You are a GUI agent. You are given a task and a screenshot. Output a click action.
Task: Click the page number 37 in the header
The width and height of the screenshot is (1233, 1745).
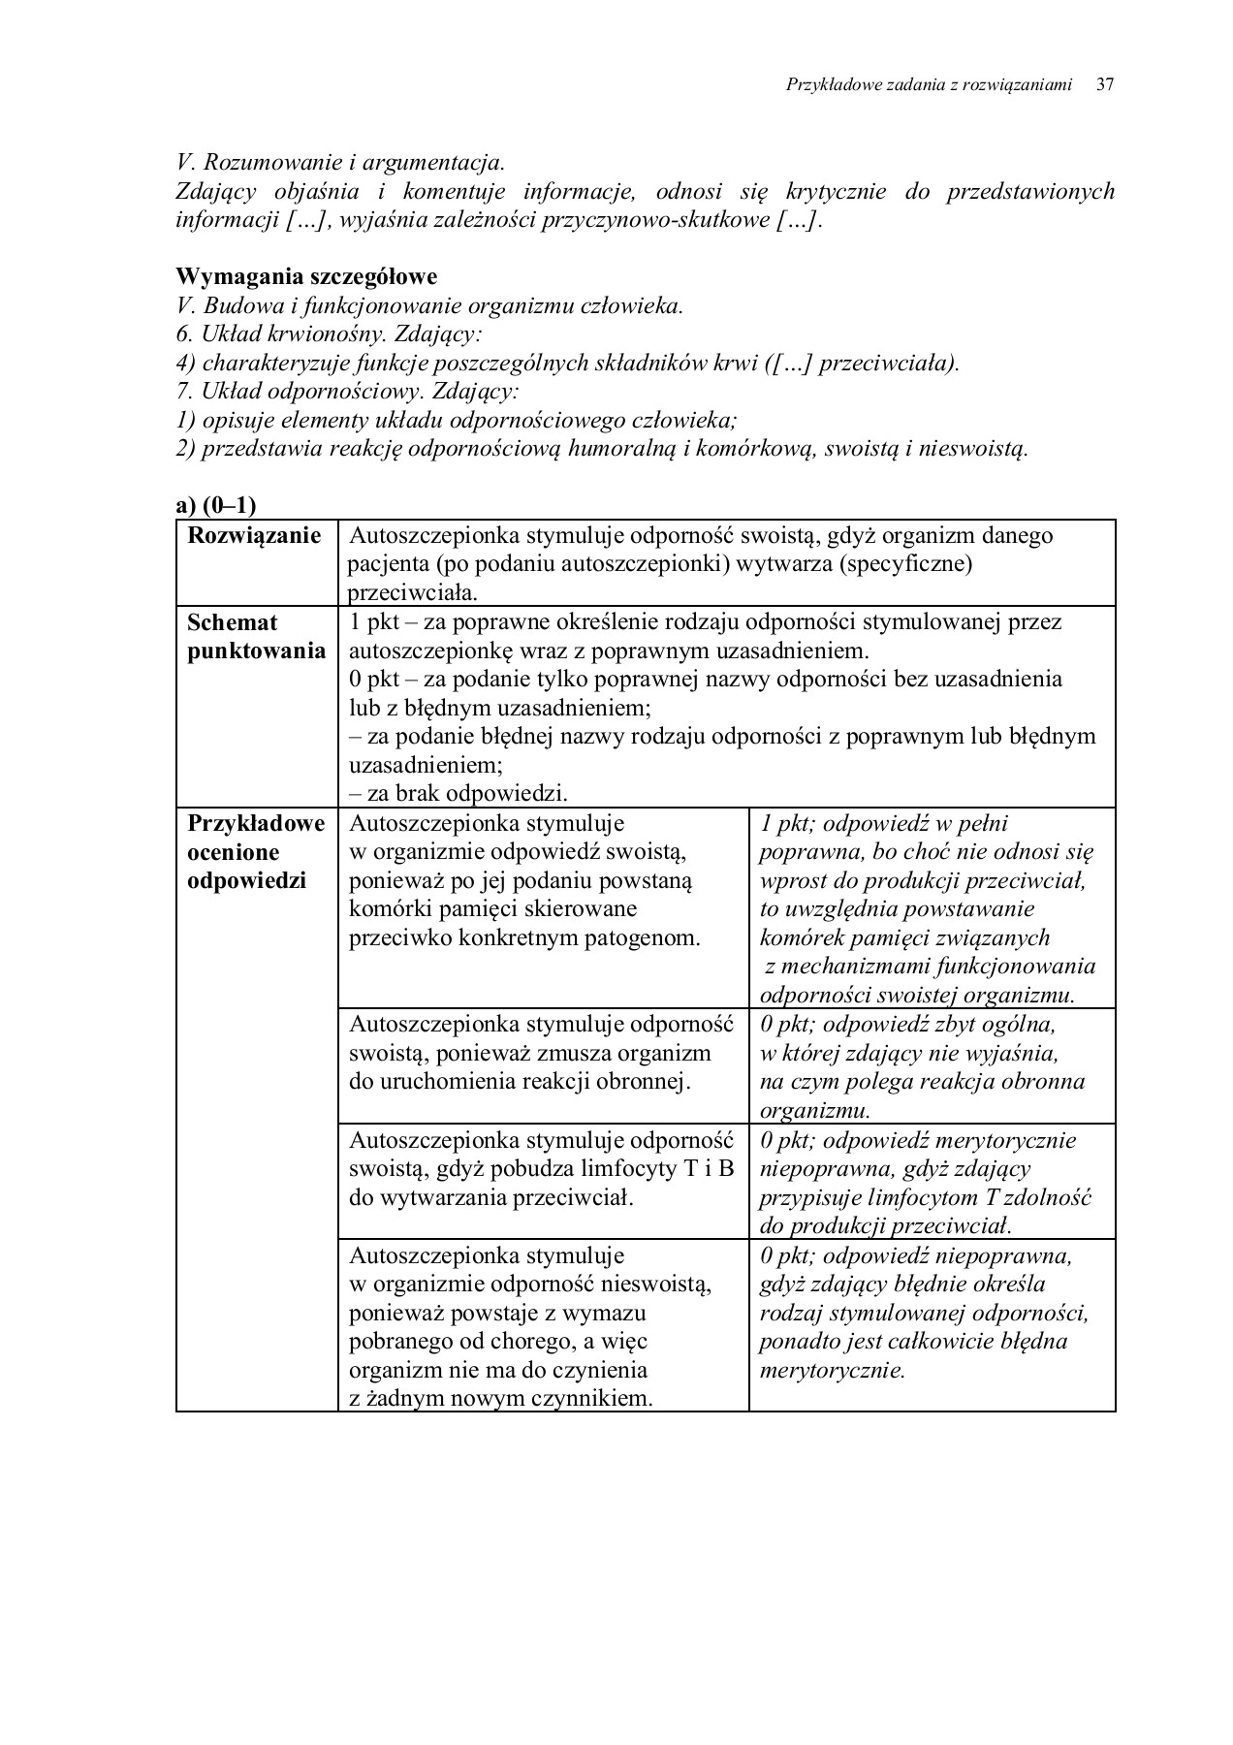click(1104, 85)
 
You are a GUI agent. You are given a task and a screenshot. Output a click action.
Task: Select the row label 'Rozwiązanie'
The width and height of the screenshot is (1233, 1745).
click(254, 536)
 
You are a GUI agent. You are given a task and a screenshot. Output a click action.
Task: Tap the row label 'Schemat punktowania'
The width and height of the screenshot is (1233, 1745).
click(256, 637)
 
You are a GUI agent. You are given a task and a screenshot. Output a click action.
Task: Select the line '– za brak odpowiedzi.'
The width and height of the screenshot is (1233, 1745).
click(458, 793)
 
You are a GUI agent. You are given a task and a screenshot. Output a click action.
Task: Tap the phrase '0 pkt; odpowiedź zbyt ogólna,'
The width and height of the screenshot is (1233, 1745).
click(906, 1025)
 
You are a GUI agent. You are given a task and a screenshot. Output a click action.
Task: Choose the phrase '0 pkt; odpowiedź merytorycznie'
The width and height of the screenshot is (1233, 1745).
click(917, 1140)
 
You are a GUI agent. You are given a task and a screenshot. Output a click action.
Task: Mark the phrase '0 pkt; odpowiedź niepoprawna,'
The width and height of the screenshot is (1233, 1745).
click(915, 1256)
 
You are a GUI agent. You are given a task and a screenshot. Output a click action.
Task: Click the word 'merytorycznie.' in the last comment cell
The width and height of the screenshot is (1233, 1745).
click(832, 1371)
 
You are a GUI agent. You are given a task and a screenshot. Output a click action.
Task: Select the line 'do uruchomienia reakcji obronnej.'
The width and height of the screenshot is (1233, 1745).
click(520, 1082)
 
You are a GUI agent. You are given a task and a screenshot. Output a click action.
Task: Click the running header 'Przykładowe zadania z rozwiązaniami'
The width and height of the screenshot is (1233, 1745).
click(928, 85)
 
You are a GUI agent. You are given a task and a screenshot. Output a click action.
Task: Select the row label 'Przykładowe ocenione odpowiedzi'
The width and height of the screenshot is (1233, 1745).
click(256, 852)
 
